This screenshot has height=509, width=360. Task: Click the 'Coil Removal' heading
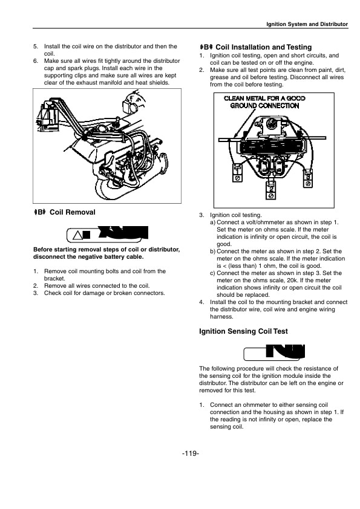(x=72, y=212)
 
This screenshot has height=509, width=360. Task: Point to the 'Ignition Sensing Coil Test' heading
(x=243, y=331)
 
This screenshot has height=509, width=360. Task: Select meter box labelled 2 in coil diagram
(x=270, y=190)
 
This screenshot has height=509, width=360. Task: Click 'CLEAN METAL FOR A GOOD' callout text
(x=264, y=98)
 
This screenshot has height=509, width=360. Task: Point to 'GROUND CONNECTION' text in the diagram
(x=264, y=105)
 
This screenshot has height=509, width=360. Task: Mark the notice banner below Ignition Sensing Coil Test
(x=273, y=352)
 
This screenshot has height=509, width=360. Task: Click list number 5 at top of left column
(x=35, y=46)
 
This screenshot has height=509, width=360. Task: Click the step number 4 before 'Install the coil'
(x=201, y=302)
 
